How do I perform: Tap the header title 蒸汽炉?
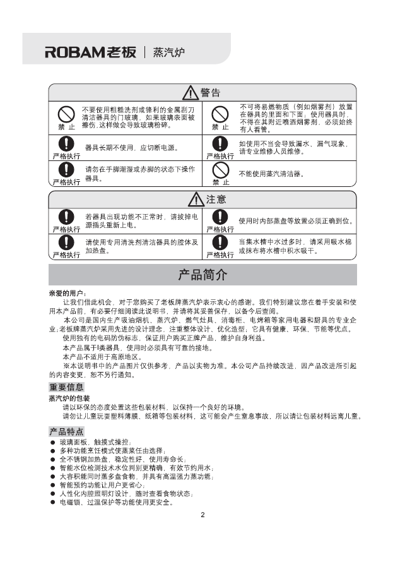pyautogui.click(x=168, y=52)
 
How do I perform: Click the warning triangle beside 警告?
pyautogui.click(x=190, y=93)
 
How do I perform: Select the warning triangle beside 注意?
pyautogui.click(x=196, y=200)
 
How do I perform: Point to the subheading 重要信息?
pyautogui.click(x=66, y=387)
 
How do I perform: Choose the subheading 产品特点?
pyautogui.click(x=66, y=431)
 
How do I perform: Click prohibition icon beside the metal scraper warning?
pyautogui.click(x=66, y=114)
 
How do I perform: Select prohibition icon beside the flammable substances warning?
pyautogui.click(x=220, y=114)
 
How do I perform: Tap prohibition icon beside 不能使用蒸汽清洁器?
pyautogui.click(x=220, y=169)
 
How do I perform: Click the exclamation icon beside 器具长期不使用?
pyautogui.click(x=66, y=143)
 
